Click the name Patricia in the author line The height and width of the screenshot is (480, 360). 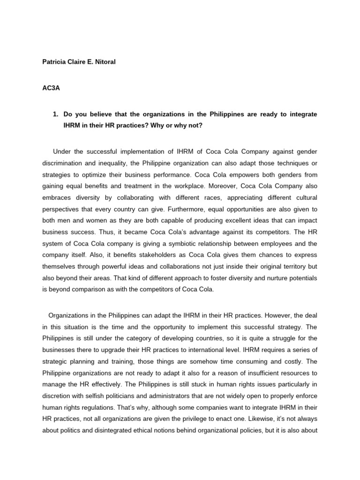(x=55, y=61)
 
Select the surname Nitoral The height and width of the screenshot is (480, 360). (x=102, y=61)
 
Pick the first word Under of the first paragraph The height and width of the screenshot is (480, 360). (x=62, y=151)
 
